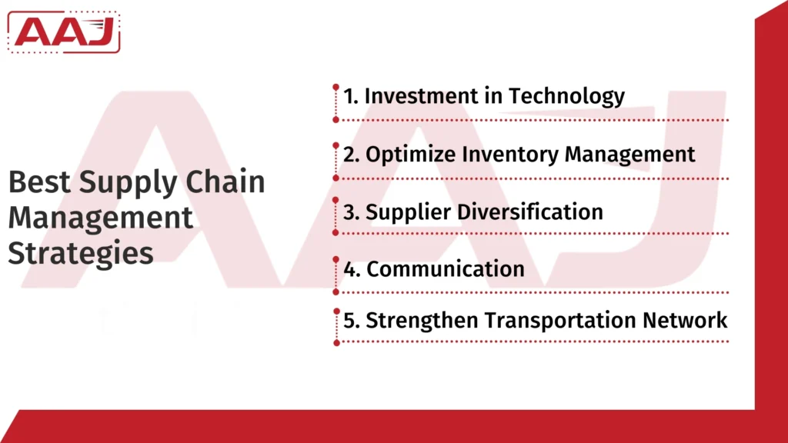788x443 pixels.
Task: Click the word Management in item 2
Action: [630, 154]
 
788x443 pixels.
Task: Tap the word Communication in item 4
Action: [446, 269]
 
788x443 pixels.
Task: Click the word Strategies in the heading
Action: [81, 254]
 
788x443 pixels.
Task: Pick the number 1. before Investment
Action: [351, 96]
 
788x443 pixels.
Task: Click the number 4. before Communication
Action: [352, 269]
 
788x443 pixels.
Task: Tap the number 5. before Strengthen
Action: [352, 321]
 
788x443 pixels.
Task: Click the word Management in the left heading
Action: [100, 218]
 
